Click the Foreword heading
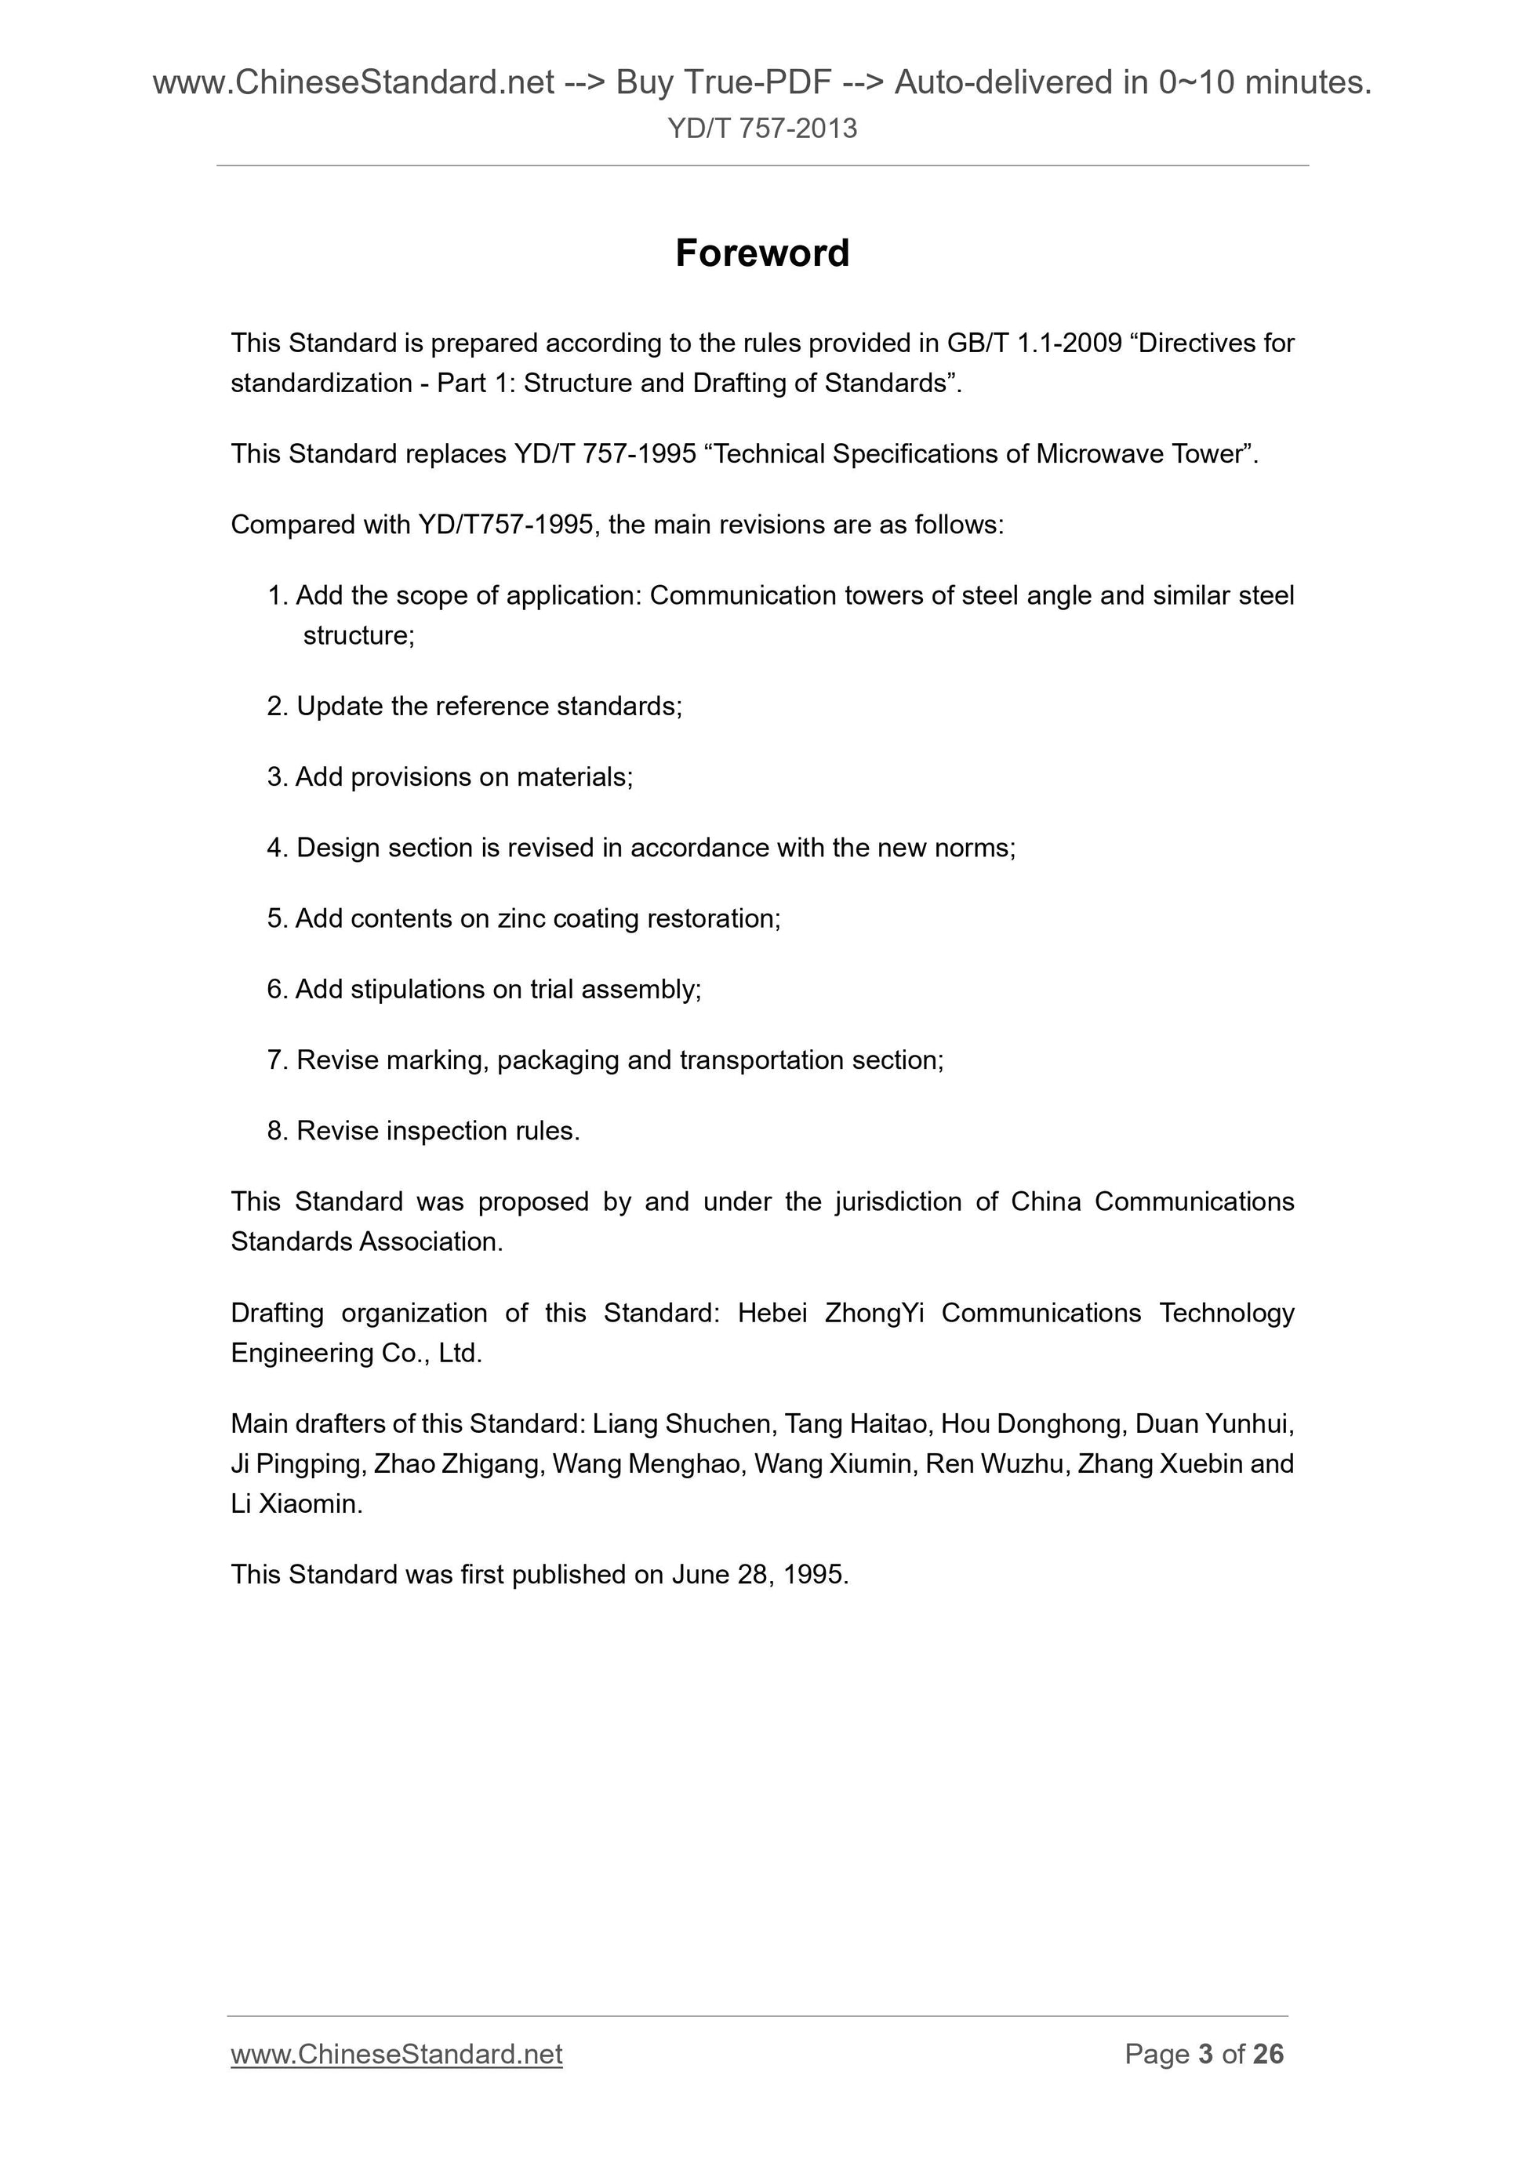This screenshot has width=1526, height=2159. pos(761,253)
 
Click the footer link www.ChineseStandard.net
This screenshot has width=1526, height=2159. pos(396,2054)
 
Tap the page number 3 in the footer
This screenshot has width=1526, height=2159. pos(1205,2054)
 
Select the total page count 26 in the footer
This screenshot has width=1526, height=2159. pos(1267,2054)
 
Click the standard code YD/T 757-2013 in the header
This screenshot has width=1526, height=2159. pos(761,128)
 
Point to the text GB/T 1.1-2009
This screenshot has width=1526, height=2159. pos(1034,343)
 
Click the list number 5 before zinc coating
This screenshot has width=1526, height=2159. pos(274,918)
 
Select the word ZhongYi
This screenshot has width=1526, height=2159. pos(874,1313)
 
